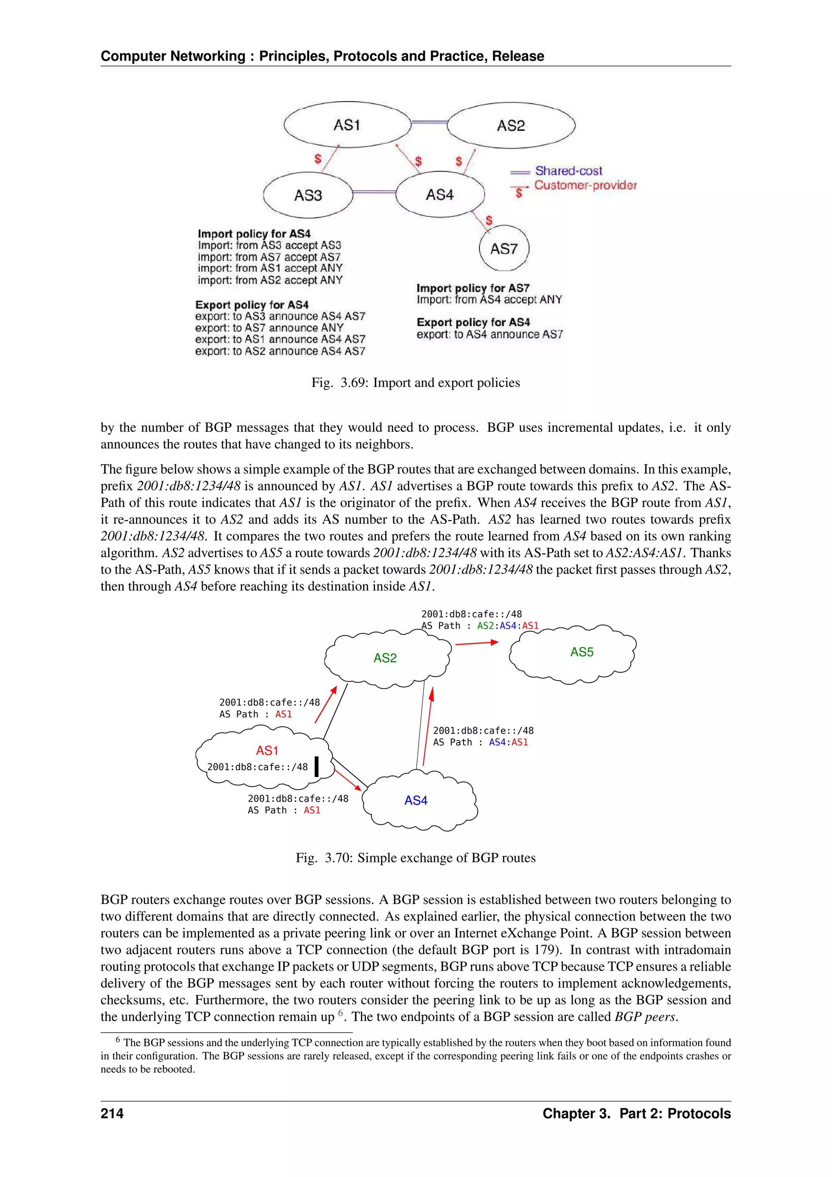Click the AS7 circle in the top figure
pos(504,249)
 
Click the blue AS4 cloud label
pos(416,801)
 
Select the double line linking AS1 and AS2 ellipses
pos(429,122)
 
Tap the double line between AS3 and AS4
pos(375,192)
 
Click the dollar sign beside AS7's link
pos(489,220)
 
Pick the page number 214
pos(112,1114)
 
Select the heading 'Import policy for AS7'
pos(473,288)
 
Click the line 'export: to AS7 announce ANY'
pos(269,328)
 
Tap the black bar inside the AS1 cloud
pos(316,767)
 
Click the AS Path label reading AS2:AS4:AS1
pos(508,626)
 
